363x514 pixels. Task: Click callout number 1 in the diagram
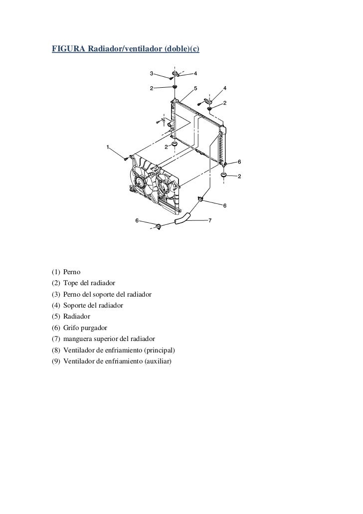pos(107,147)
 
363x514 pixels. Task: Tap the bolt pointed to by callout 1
pos(126,159)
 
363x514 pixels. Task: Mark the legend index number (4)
pos(56,305)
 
